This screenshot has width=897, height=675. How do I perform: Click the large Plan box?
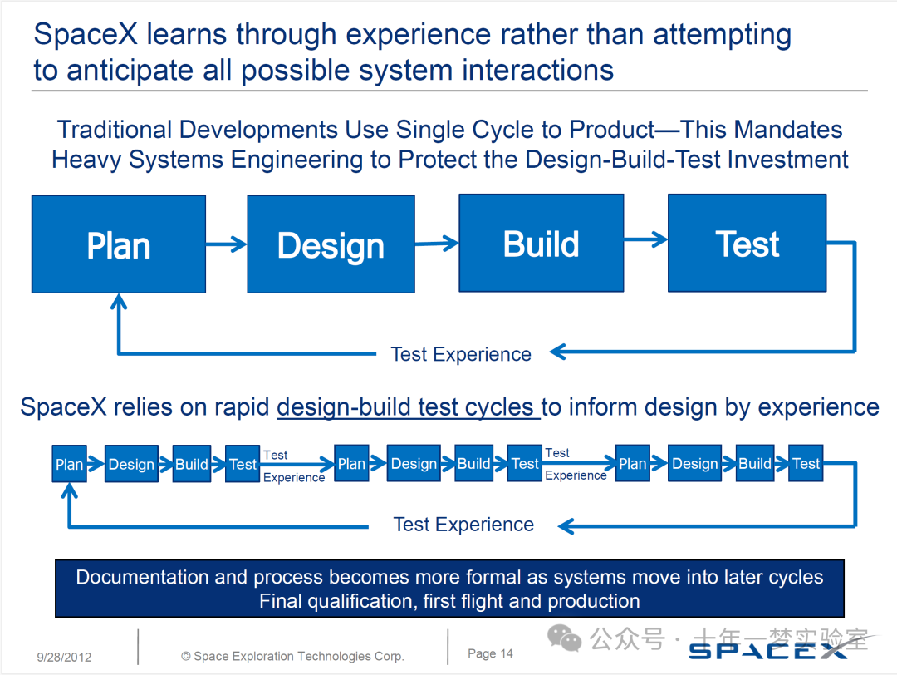(x=119, y=244)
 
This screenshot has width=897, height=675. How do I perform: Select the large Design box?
(x=331, y=244)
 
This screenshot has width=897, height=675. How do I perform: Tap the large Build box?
(x=541, y=243)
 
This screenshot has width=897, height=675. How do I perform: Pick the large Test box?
(x=747, y=243)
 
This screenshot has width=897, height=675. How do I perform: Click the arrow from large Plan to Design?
(x=226, y=244)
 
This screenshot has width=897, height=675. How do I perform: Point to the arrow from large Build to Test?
(x=645, y=240)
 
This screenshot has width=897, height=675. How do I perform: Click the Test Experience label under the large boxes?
(x=461, y=354)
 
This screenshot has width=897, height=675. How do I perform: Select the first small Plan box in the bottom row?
(x=69, y=465)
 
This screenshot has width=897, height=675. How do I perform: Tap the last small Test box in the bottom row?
(x=806, y=464)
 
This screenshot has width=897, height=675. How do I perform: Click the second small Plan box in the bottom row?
(x=351, y=464)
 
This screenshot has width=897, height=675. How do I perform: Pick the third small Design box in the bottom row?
(x=694, y=464)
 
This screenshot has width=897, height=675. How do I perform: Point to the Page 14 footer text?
(x=490, y=653)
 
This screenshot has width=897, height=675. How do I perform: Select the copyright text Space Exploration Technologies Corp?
(x=292, y=656)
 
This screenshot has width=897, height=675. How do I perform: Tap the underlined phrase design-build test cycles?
(x=408, y=407)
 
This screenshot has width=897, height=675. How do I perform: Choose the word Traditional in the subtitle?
(x=114, y=130)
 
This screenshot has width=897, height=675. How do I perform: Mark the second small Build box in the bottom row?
(x=473, y=464)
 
